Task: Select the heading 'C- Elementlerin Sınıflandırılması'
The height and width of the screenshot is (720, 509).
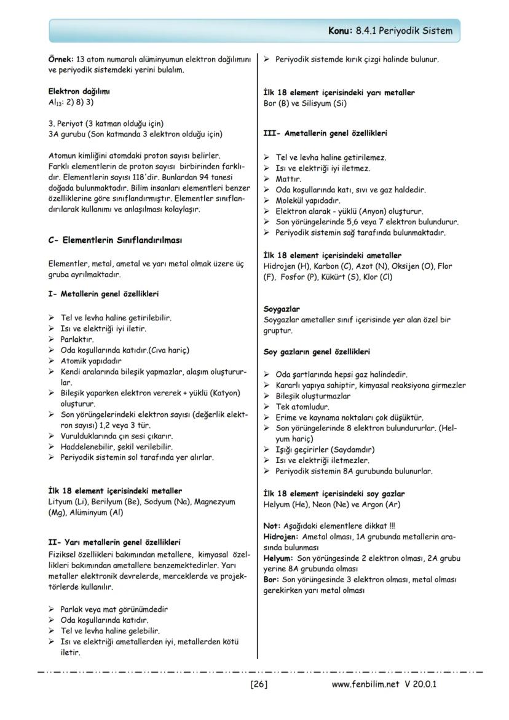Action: click(x=115, y=240)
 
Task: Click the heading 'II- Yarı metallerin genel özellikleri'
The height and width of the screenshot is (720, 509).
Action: click(x=114, y=542)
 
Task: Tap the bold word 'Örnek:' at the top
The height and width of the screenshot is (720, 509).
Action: click(x=60, y=60)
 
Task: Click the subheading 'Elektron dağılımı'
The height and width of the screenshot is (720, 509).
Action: click(x=79, y=92)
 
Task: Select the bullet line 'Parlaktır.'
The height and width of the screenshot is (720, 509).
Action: click(x=77, y=339)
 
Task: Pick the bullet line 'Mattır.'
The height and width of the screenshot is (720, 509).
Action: click(x=288, y=179)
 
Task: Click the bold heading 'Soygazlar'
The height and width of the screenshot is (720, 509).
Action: click(x=282, y=309)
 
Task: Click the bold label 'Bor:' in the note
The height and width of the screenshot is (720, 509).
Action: click(x=270, y=580)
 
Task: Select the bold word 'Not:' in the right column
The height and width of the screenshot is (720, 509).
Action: click(x=271, y=526)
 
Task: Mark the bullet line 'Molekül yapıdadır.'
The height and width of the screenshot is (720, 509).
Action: click(x=307, y=200)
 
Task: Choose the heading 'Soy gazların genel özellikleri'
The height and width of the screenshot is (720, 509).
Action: click(x=317, y=352)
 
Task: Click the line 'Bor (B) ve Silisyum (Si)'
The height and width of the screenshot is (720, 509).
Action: click(x=305, y=103)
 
